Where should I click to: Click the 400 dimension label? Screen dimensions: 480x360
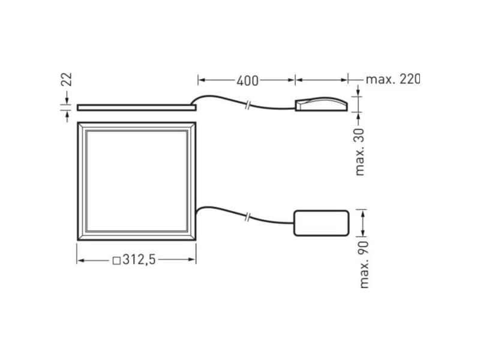tap(247, 80)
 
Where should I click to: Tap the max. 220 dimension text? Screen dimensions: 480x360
tap(393, 79)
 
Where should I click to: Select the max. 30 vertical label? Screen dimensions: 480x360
tap(359, 152)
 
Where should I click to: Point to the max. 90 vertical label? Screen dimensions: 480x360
tap(364, 265)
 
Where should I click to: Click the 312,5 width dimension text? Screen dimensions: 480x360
tap(139, 260)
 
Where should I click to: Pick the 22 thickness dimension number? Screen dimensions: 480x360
tap(67, 79)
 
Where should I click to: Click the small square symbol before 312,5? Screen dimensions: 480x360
tap(116, 261)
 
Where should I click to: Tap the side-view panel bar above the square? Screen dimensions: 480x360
tap(137, 107)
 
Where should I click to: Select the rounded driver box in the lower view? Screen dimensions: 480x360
tap(321, 223)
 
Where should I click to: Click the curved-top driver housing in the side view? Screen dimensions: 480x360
tap(321, 104)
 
